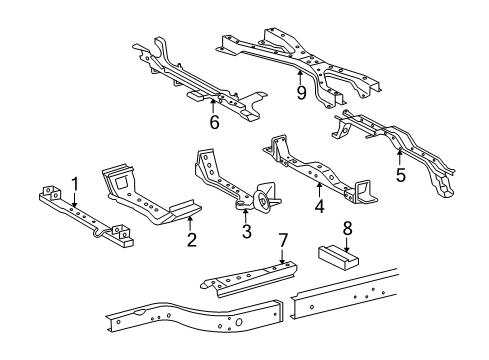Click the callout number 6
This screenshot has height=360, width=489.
213,123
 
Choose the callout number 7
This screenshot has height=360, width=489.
284,240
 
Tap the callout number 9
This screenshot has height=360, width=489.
299,92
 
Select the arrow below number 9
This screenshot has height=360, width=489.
299,75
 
